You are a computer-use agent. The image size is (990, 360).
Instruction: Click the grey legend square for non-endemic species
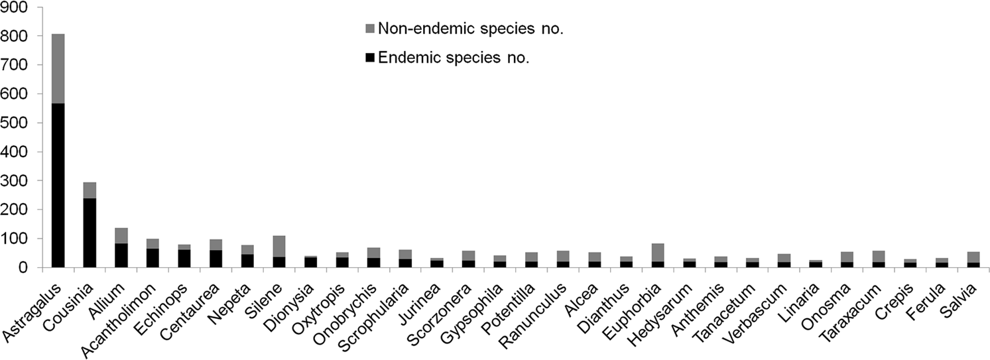(369, 29)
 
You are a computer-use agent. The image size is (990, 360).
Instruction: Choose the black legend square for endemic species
(369, 58)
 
